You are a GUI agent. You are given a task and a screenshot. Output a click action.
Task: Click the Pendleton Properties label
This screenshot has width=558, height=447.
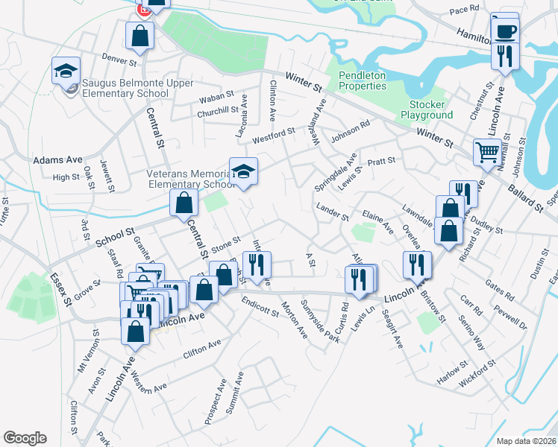tap(363, 80)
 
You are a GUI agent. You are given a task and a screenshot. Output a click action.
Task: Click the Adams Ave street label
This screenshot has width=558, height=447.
tap(57, 160)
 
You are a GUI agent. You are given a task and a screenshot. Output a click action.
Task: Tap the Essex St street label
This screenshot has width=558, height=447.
tap(59, 289)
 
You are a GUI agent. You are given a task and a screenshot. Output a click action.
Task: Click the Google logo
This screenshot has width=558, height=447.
tap(25, 438)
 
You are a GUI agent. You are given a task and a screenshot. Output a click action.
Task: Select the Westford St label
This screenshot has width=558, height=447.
tap(274, 134)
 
